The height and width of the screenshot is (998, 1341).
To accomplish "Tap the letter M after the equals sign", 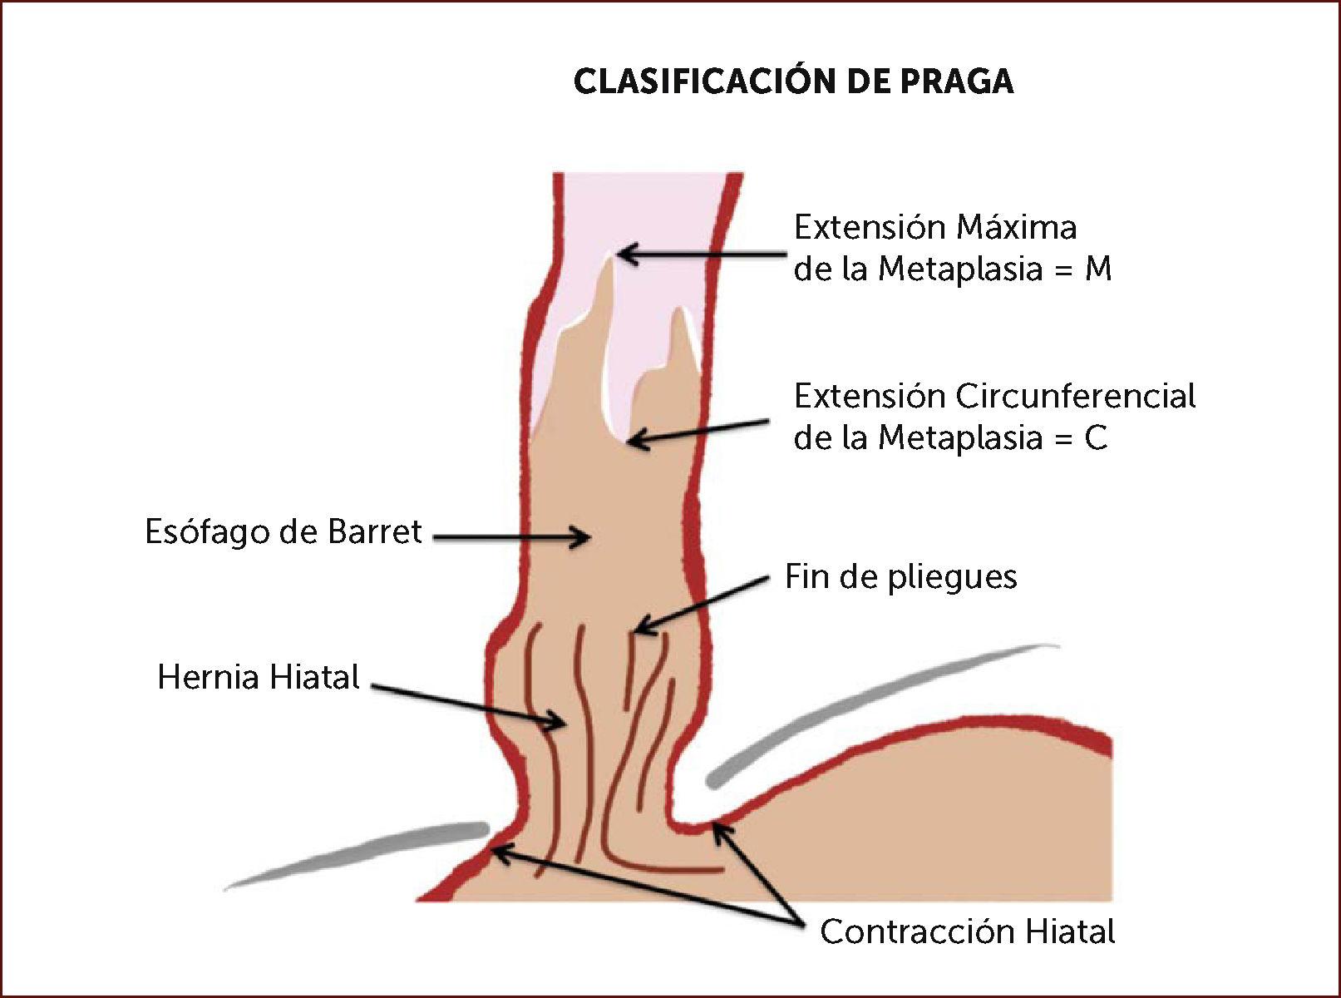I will (x=1097, y=269).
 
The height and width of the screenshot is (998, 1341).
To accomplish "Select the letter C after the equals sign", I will (x=1096, y=438).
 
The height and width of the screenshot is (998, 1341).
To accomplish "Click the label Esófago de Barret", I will (x=283, y=532).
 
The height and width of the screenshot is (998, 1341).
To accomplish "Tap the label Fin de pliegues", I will (x=900, y=577).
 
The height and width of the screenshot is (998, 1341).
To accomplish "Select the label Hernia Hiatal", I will (x=259, y=678).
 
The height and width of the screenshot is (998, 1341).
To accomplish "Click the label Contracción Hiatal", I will (x=967, y=932).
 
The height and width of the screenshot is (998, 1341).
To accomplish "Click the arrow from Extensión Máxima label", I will (x=703, y=254).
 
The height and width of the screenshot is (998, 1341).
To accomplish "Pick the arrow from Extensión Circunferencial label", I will (x=698, y=432).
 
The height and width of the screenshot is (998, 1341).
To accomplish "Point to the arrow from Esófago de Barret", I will (x=511, y=537).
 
